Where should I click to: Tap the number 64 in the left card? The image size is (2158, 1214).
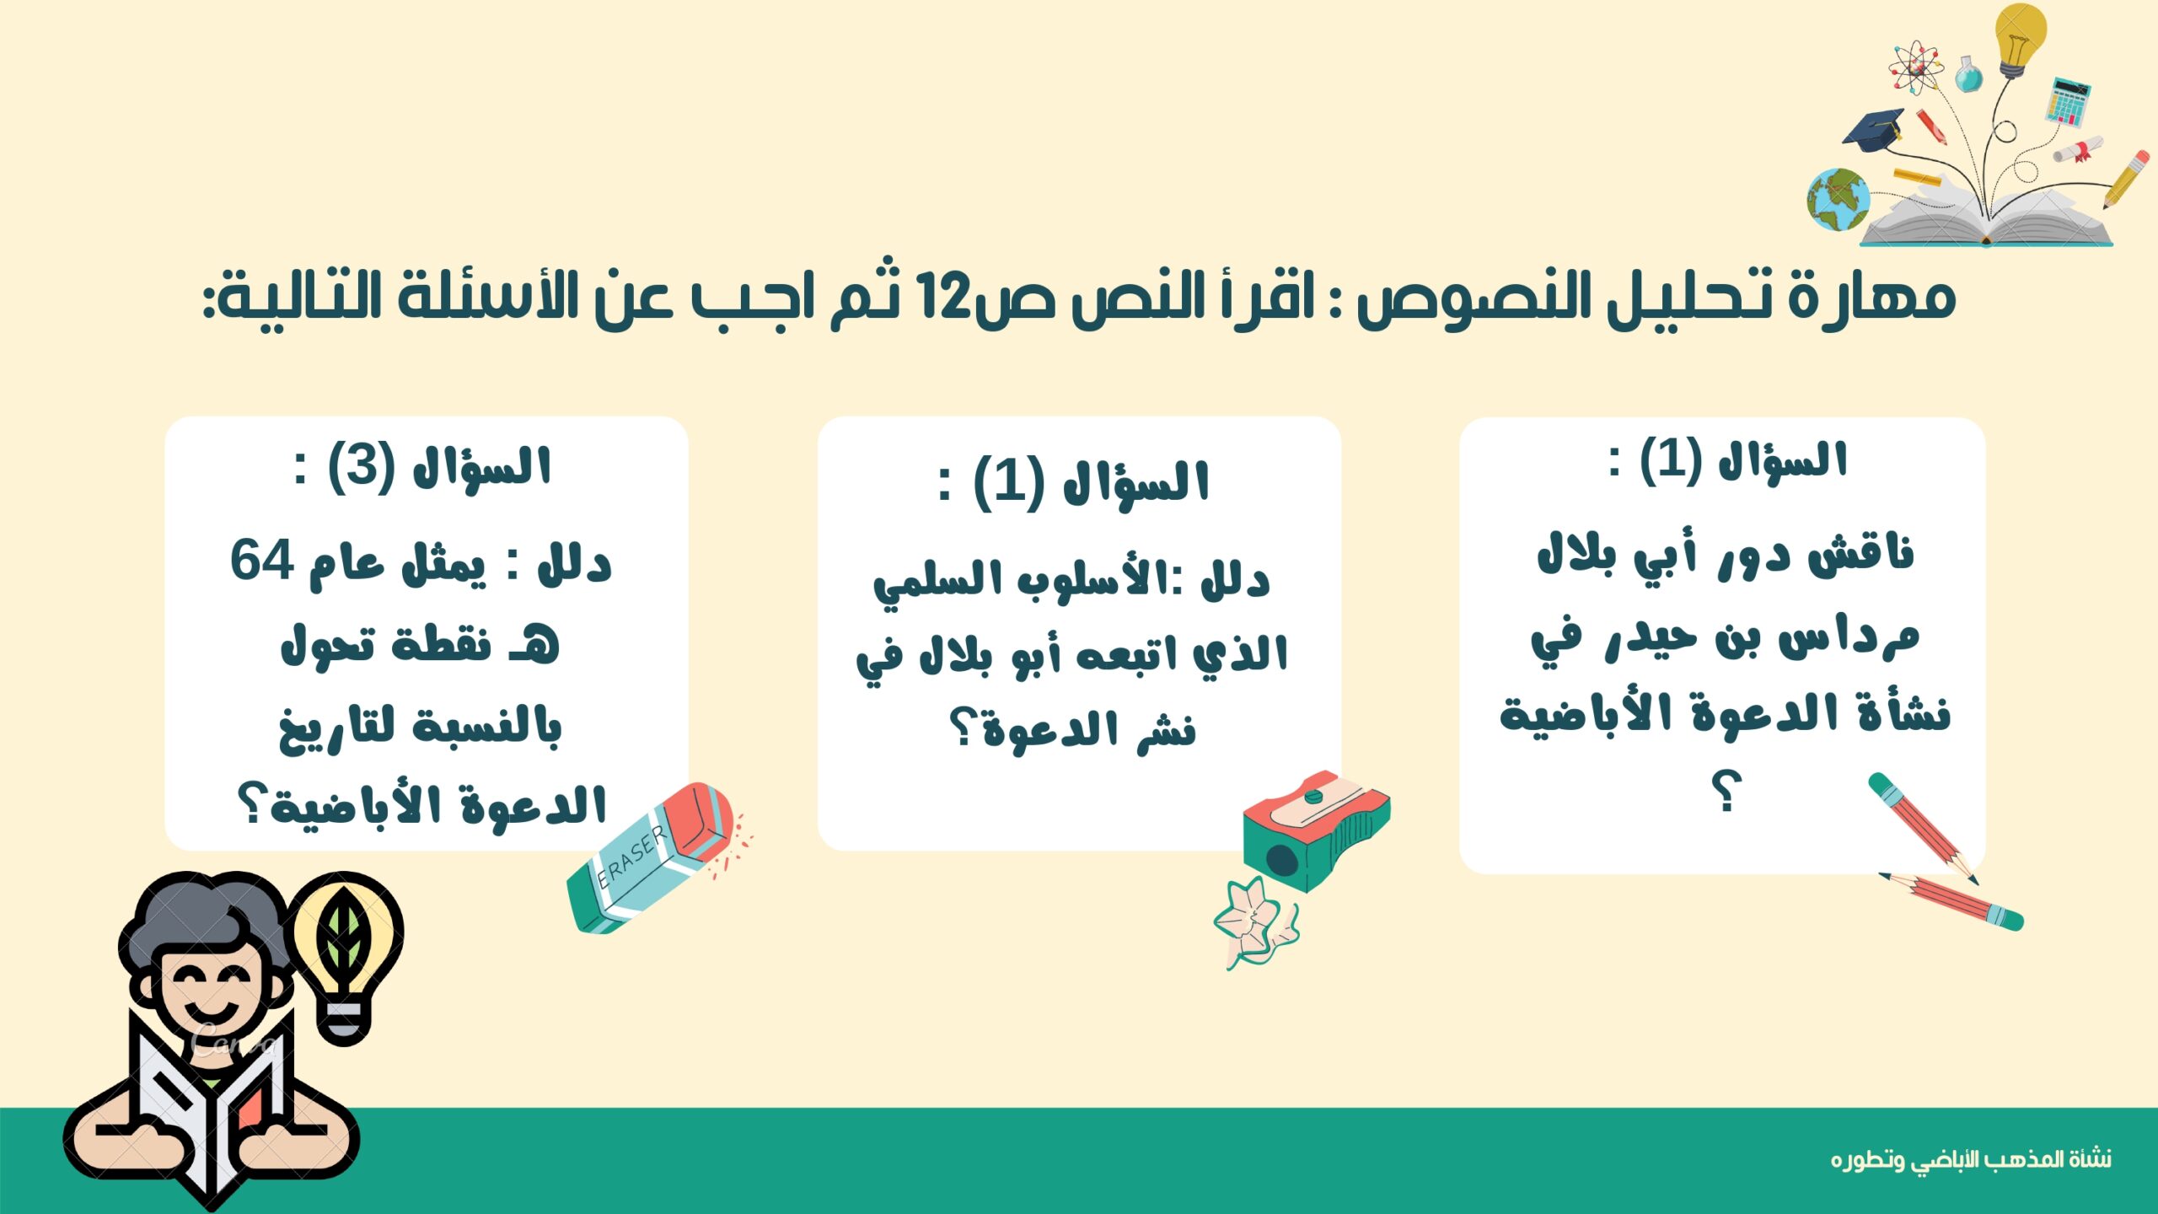coord(262,560)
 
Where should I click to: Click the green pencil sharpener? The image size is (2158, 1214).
coord(1315,831)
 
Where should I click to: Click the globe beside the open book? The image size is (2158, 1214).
coord(1838,199)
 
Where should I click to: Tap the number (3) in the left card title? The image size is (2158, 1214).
coord(361,466)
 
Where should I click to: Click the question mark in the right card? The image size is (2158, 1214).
coord(1726,792)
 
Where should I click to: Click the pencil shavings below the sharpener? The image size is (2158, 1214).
coord(1256,923)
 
